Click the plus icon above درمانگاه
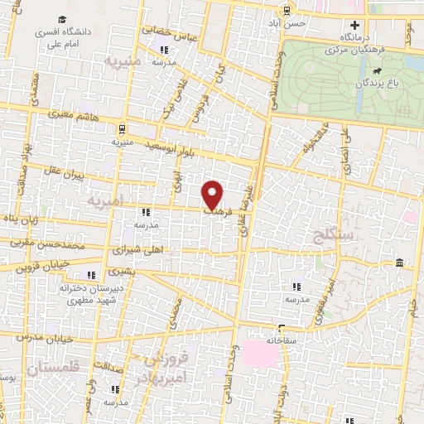354,25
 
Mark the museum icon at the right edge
400,263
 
